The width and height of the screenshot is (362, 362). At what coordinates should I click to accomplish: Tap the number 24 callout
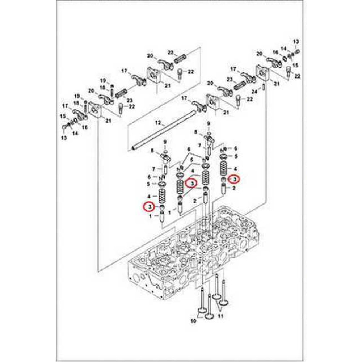[254, 92]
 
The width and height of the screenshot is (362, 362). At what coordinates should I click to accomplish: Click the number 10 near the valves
[193, 321]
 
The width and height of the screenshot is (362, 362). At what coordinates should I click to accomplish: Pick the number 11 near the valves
[220, 316]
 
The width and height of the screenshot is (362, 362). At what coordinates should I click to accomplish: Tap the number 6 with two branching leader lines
[189, 150]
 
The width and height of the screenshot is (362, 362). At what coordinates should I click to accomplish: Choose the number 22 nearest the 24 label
[249, 100]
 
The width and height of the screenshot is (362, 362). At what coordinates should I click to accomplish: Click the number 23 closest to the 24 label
[230, 79]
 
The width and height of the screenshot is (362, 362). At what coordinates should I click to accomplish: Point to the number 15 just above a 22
[295, 65]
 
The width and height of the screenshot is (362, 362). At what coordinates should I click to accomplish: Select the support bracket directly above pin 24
[262, 73]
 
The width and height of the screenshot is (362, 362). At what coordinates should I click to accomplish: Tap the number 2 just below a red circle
[234, 188]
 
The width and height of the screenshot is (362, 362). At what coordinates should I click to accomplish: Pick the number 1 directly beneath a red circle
[151, 216]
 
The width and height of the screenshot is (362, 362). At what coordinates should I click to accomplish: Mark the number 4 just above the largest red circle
[192, 171]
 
